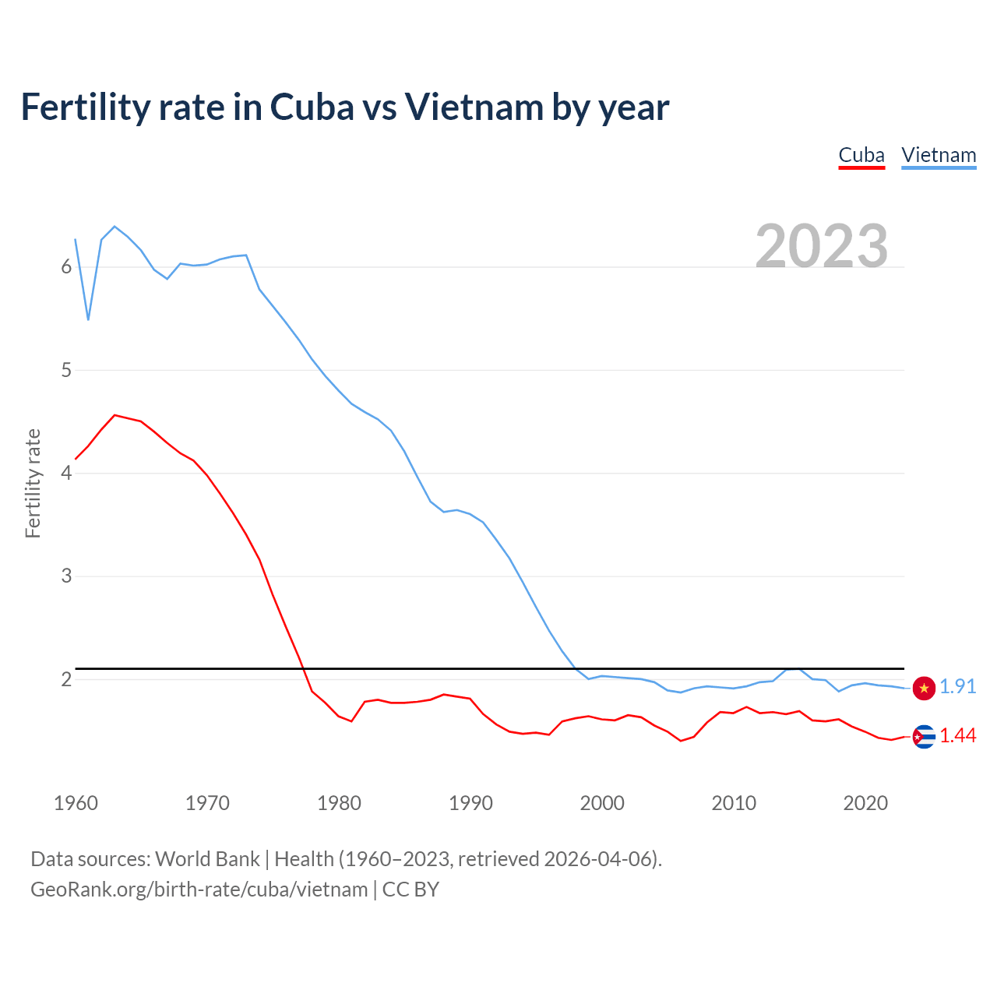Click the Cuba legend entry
(861, 155)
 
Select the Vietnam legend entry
(939, 155)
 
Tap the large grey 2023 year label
(822, 246)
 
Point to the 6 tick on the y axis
(66, 267)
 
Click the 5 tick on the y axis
(66, 370)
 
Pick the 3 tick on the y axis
(66, 576)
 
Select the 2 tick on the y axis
(66, 679)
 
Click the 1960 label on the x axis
(76, 803)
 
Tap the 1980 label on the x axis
(339, 803)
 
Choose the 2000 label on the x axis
(602, 803)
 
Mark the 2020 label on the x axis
(865, 803)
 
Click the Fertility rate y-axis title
(33, 483)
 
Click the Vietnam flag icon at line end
(924, 688)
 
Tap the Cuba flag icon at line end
(924, 736)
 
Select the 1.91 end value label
(957, 686)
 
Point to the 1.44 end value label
(957, 735)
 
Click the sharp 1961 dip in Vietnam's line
(89, 319)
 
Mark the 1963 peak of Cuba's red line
(115, 415)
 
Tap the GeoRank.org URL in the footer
(199, 890)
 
